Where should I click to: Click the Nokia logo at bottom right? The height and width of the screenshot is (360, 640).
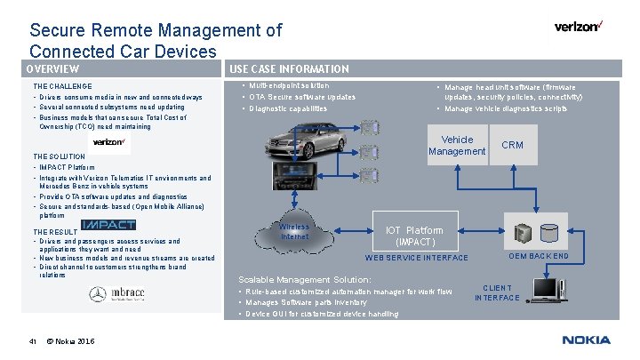[586, 340]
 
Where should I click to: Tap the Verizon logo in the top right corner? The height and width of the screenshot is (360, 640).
[577, 27]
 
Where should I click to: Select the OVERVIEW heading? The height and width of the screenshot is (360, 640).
[52, 69]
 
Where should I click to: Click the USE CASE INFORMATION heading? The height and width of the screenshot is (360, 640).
[289, 69]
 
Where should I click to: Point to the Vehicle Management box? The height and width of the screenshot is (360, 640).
[457, 146]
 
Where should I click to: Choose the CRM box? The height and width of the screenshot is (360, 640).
[513, 145]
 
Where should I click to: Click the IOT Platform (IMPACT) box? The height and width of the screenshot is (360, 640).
[414, 236]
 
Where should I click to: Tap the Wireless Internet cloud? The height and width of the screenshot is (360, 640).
[295, 232]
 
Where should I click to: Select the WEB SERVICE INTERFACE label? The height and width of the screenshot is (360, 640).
[417, 259]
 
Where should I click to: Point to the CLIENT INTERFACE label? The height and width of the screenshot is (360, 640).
[497, 292]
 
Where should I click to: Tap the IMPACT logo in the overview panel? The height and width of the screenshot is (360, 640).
[108, 225]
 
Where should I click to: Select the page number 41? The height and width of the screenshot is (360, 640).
[33, 340]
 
